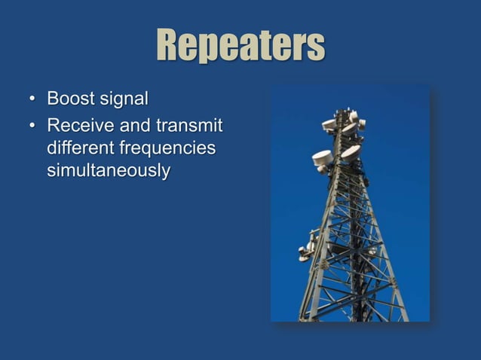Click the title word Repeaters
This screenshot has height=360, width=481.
240,47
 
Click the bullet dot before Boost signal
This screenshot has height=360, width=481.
31,99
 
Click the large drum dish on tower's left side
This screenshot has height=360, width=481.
323,158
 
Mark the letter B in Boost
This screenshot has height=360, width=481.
53,99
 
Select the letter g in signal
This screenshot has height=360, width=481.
123,101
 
